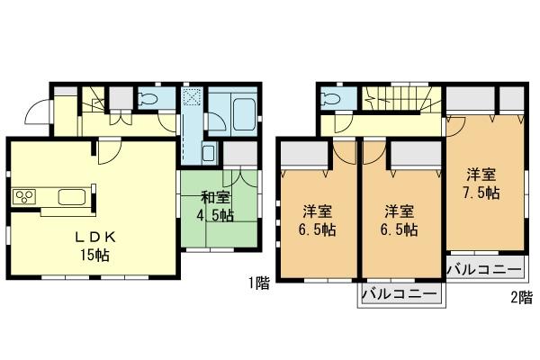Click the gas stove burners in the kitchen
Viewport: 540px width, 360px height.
tap(23, 196)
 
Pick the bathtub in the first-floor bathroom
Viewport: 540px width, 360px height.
tap(246, 114)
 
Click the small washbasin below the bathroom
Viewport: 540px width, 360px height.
tap(208, 153)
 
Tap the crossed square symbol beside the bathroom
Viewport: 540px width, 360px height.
tap(193, 98)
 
